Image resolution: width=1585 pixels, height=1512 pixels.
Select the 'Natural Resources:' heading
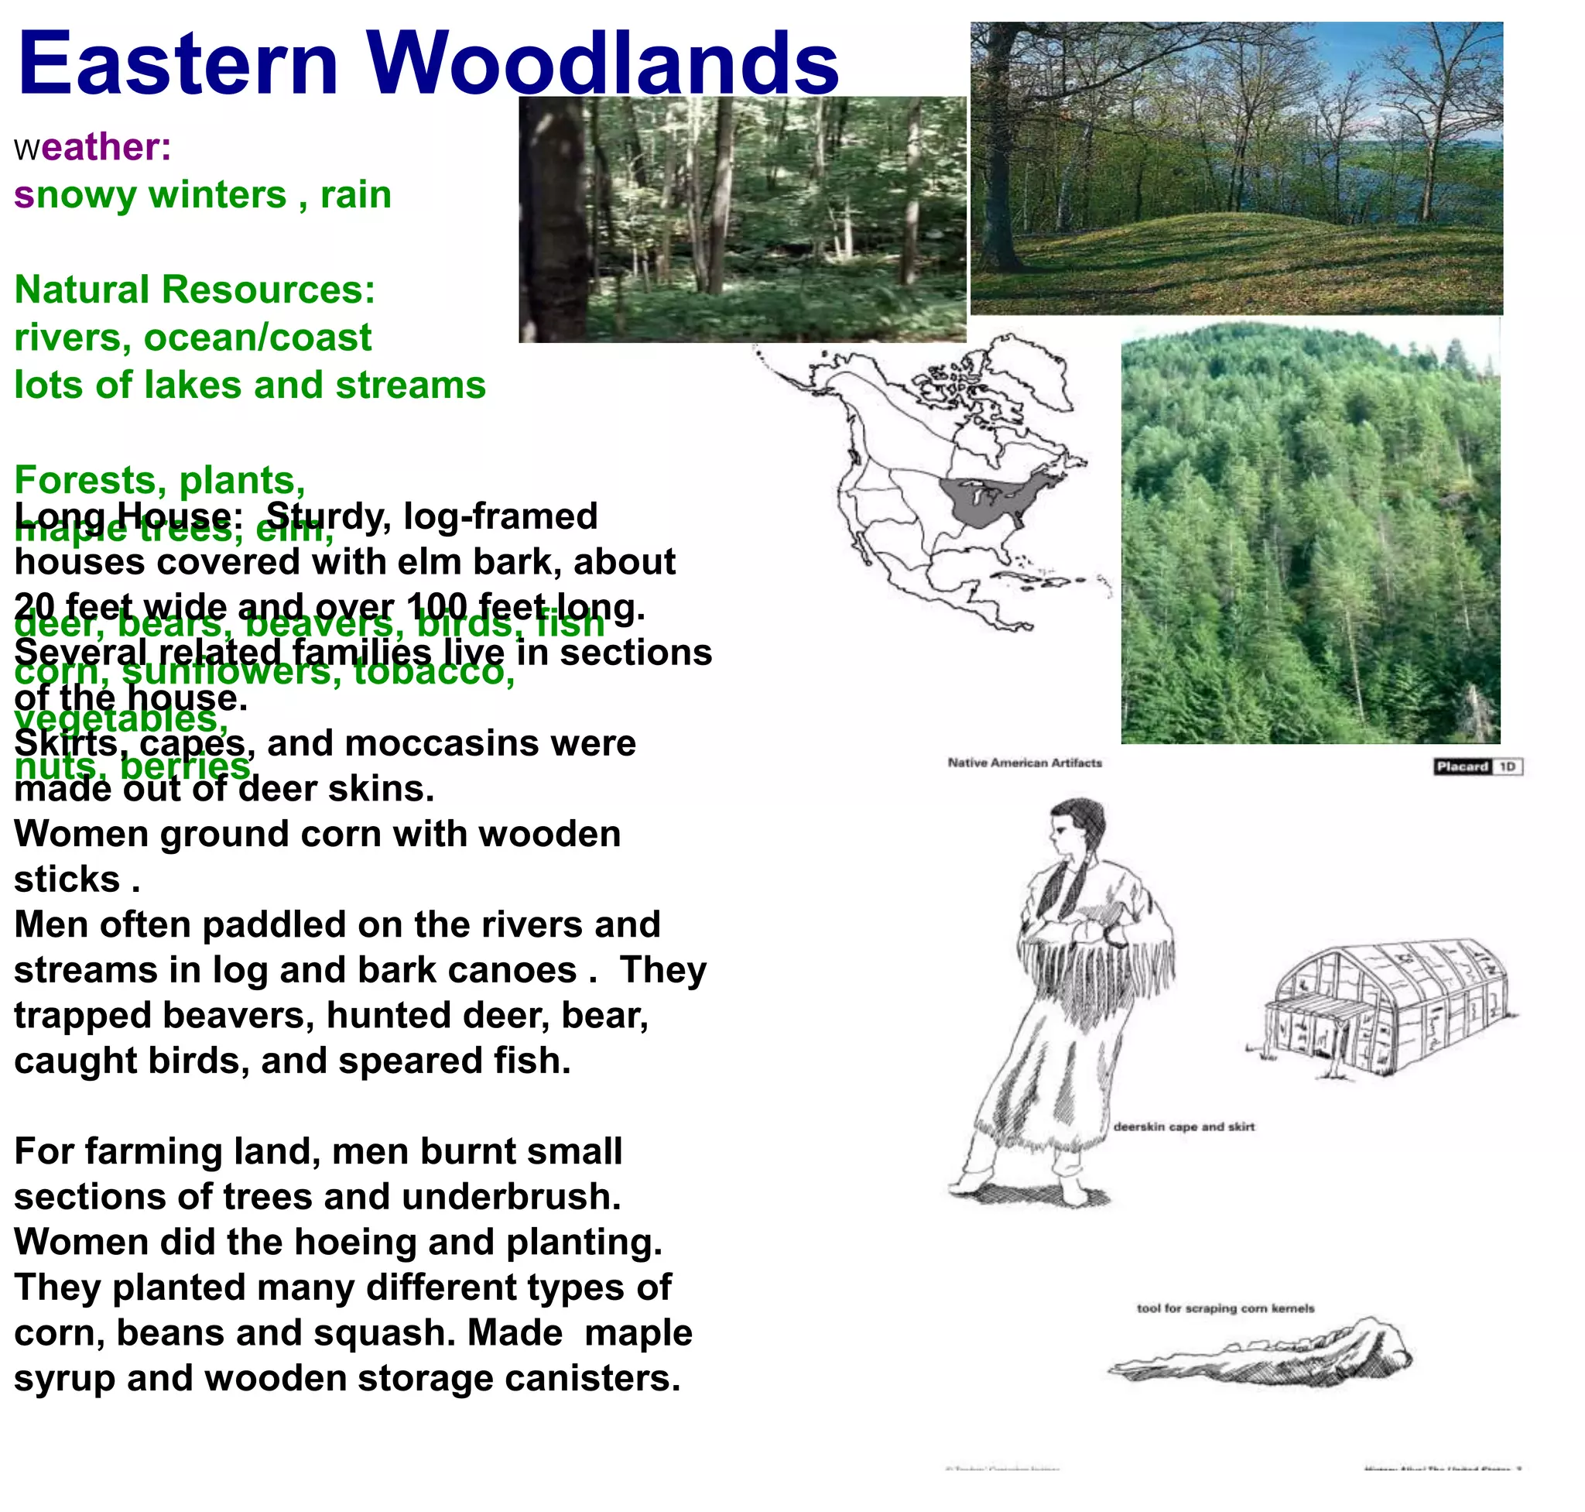(x=195, y=290)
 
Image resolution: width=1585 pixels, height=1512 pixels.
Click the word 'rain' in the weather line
(x=355, y=195)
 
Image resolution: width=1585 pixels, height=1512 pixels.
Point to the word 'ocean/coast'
(x=257, y=338)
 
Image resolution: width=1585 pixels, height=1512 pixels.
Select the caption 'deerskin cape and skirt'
(x=1183, y=1126)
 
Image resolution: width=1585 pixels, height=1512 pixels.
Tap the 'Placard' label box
(x=1461, y=766)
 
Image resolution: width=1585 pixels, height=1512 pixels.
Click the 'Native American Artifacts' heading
(x=1024, y=763)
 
